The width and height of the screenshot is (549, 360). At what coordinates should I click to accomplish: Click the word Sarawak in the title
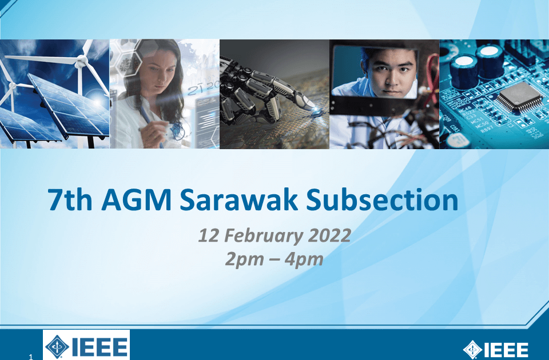(239, 200)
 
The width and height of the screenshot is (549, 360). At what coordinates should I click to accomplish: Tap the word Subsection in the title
(383, 200)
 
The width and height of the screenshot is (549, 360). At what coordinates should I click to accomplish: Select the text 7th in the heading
(70, 200)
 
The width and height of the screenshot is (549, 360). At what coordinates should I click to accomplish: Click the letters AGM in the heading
(136, 200)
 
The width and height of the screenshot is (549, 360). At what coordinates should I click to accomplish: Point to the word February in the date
(263, 236)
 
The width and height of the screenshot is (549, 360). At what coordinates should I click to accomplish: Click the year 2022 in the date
(329, 235)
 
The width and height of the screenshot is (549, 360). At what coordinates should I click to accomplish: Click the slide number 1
(31, 357)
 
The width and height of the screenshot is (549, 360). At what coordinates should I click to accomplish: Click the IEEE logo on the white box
(86, 346)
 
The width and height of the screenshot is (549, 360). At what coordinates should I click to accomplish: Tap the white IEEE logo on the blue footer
(496, 350)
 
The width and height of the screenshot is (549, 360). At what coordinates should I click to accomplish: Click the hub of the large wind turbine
(81, 62)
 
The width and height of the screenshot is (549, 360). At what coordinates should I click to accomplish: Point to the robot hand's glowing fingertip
(316, 110)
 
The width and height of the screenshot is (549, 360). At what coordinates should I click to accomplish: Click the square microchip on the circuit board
(519, 97)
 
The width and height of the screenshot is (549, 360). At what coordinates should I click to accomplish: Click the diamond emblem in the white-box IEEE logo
(57, 347)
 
